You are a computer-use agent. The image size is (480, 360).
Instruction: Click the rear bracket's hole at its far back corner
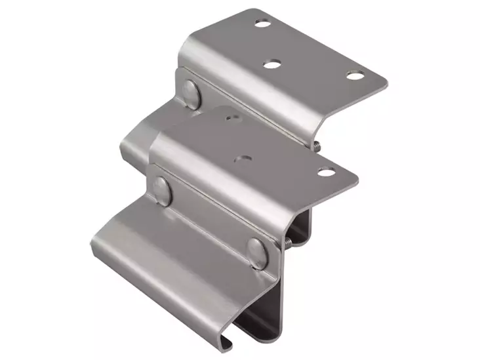pos(263,24)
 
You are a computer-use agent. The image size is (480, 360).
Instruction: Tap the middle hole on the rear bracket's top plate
pos(270,64)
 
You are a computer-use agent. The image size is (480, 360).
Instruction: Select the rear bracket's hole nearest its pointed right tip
pos(355,75)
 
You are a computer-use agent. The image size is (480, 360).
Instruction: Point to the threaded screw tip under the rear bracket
pos(317,146)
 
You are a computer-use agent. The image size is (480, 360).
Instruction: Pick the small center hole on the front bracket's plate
pos(243,157)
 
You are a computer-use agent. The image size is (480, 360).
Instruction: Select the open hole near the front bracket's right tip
pos(326,172)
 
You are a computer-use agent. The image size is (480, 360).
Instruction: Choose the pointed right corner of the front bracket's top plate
pos(358,177)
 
